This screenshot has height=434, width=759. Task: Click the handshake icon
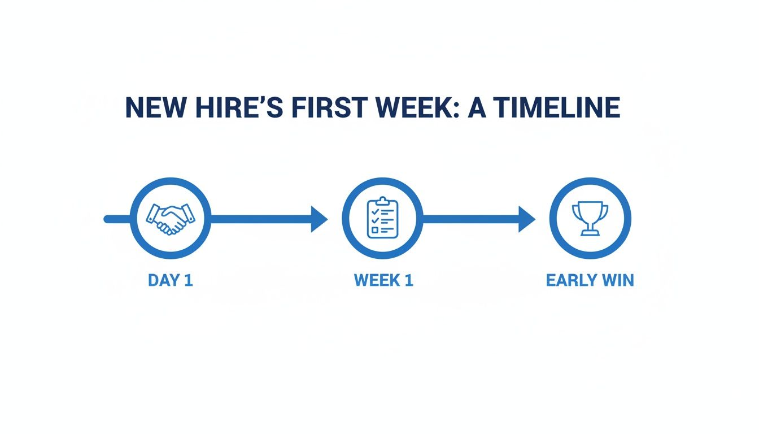tap(171, 219)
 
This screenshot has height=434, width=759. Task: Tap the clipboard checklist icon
tap(382, 218)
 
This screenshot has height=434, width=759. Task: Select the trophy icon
tap(590, 219)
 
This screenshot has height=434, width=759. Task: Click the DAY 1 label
tap(170, 280)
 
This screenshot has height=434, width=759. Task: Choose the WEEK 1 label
tap(383, 280)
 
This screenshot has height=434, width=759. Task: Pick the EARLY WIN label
tap(590, 280)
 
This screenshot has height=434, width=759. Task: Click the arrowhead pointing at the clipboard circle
tap(319, 219)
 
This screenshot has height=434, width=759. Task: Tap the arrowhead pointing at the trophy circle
tap(527, 219)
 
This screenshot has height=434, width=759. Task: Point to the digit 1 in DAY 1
tap(188, 280)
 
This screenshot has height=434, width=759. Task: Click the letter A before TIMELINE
tap(478, 108)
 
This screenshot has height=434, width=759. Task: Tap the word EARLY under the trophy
tap(572, 280)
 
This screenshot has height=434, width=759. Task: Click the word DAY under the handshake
tap(163, 280)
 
